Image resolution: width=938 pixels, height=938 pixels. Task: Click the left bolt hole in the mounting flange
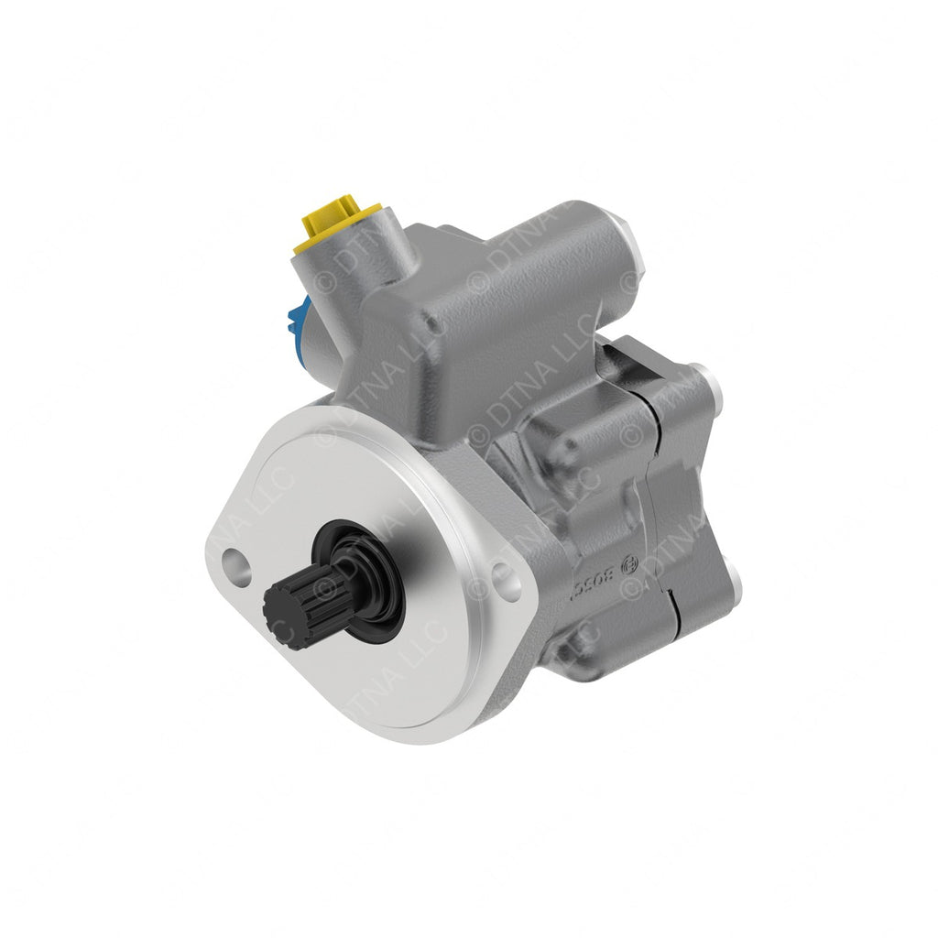point(235,565)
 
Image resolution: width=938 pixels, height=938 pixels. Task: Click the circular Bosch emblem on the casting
point(629,566)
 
